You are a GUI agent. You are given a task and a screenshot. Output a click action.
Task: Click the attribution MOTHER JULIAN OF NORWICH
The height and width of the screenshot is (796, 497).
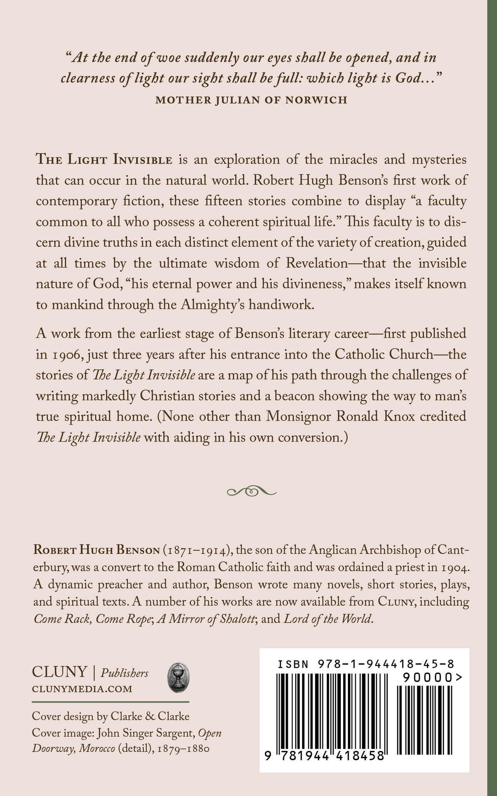[x=251, y=100]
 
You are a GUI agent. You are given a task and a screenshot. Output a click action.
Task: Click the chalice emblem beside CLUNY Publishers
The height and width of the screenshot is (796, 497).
[x=176, y=678]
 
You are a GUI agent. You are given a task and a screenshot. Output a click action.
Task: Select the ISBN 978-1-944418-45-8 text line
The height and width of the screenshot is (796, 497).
[x=367, y=664]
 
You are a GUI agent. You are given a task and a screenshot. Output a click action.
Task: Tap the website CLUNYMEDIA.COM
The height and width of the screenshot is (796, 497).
[x=82, y=689]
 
